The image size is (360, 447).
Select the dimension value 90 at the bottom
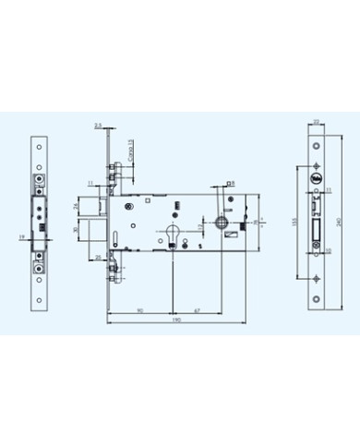(x=138, y=312)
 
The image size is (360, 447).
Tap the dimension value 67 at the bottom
(x=198, y=312)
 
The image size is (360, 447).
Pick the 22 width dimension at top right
(x=317, y=122)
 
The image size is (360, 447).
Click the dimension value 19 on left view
(x=21, y=237)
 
